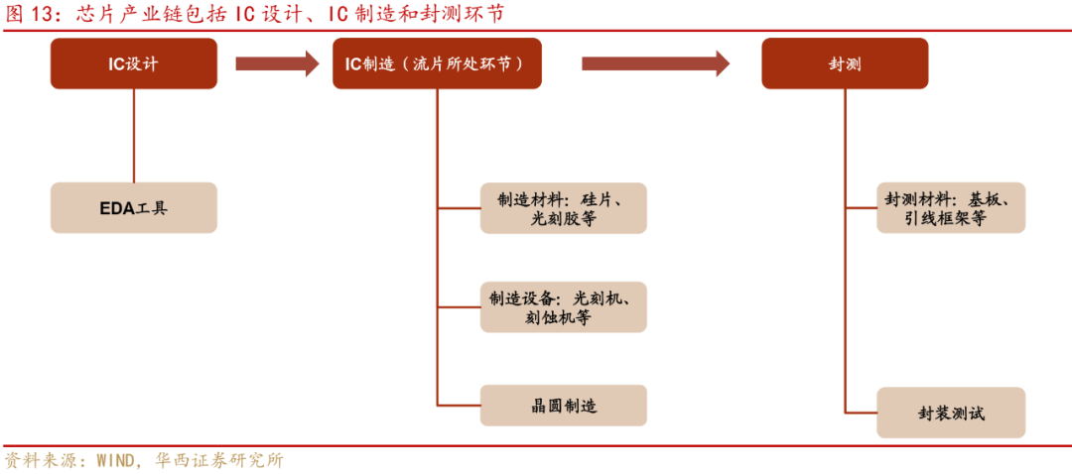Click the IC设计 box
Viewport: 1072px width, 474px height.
tap(134, 64)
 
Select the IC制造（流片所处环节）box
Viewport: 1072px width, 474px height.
tap(437, 64)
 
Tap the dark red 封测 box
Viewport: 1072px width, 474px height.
tap(845, 64)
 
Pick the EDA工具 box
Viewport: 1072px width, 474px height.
tap(134, 208)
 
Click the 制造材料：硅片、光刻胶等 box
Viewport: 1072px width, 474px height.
tap(563, 208)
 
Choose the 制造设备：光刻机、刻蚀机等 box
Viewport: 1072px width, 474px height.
tap(563, 307)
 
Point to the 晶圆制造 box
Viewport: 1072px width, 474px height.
tap(563, 407)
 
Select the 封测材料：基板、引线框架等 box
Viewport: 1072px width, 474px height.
tap(950, 208)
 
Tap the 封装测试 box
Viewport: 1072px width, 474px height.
tap(950, 414)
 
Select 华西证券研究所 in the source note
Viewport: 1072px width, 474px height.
tap(219, 461)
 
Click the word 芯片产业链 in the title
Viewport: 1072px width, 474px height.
tap(119, 13)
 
